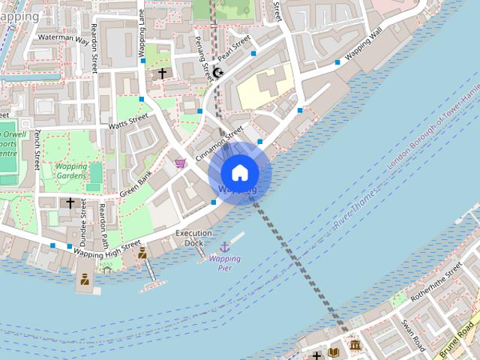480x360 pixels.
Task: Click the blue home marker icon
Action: [239, 172]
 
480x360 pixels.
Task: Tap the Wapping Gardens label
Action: [71, 170]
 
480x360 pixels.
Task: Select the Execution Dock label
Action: [194, 238]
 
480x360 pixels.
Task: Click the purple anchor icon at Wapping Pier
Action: [224, 247]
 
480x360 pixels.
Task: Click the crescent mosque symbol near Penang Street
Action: [218, 72]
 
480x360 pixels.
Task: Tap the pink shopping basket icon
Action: [180, 162]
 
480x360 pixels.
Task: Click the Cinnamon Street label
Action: [219, 142]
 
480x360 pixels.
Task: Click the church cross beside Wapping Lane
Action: [161, 73]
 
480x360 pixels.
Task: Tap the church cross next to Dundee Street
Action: [70, 202]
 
